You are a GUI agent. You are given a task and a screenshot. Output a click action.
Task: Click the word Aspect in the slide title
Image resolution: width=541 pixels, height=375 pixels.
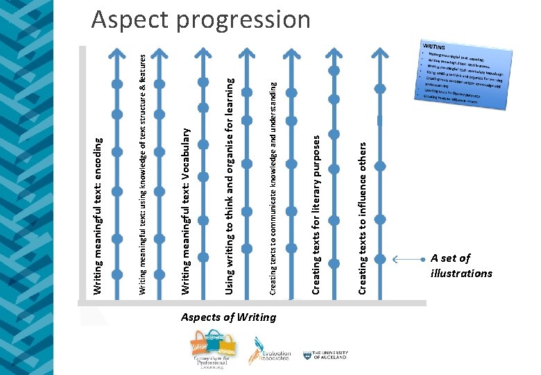(x=131, y=19)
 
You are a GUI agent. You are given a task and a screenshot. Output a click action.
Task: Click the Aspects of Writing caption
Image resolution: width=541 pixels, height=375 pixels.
(x=228, y=317)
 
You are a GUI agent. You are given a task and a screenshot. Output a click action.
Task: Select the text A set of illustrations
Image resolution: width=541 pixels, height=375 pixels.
(x=461, y=265)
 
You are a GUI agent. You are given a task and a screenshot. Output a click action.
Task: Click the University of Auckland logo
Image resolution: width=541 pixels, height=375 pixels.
(x=326, y=355)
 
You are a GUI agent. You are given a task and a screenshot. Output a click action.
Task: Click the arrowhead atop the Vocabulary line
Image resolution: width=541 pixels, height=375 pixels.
(x=202, y=51)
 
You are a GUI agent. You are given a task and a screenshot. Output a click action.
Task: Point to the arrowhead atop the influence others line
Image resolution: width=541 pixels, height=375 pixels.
(x=379, y=51)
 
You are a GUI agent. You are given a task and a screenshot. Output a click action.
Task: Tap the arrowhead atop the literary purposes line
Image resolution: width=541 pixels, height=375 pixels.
(x=334, y=51)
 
